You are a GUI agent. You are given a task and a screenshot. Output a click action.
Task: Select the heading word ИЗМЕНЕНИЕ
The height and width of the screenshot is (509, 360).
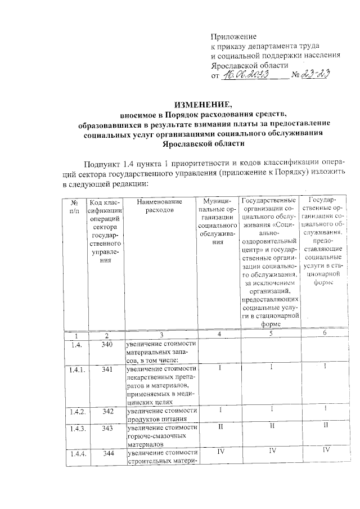(202, 105)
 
